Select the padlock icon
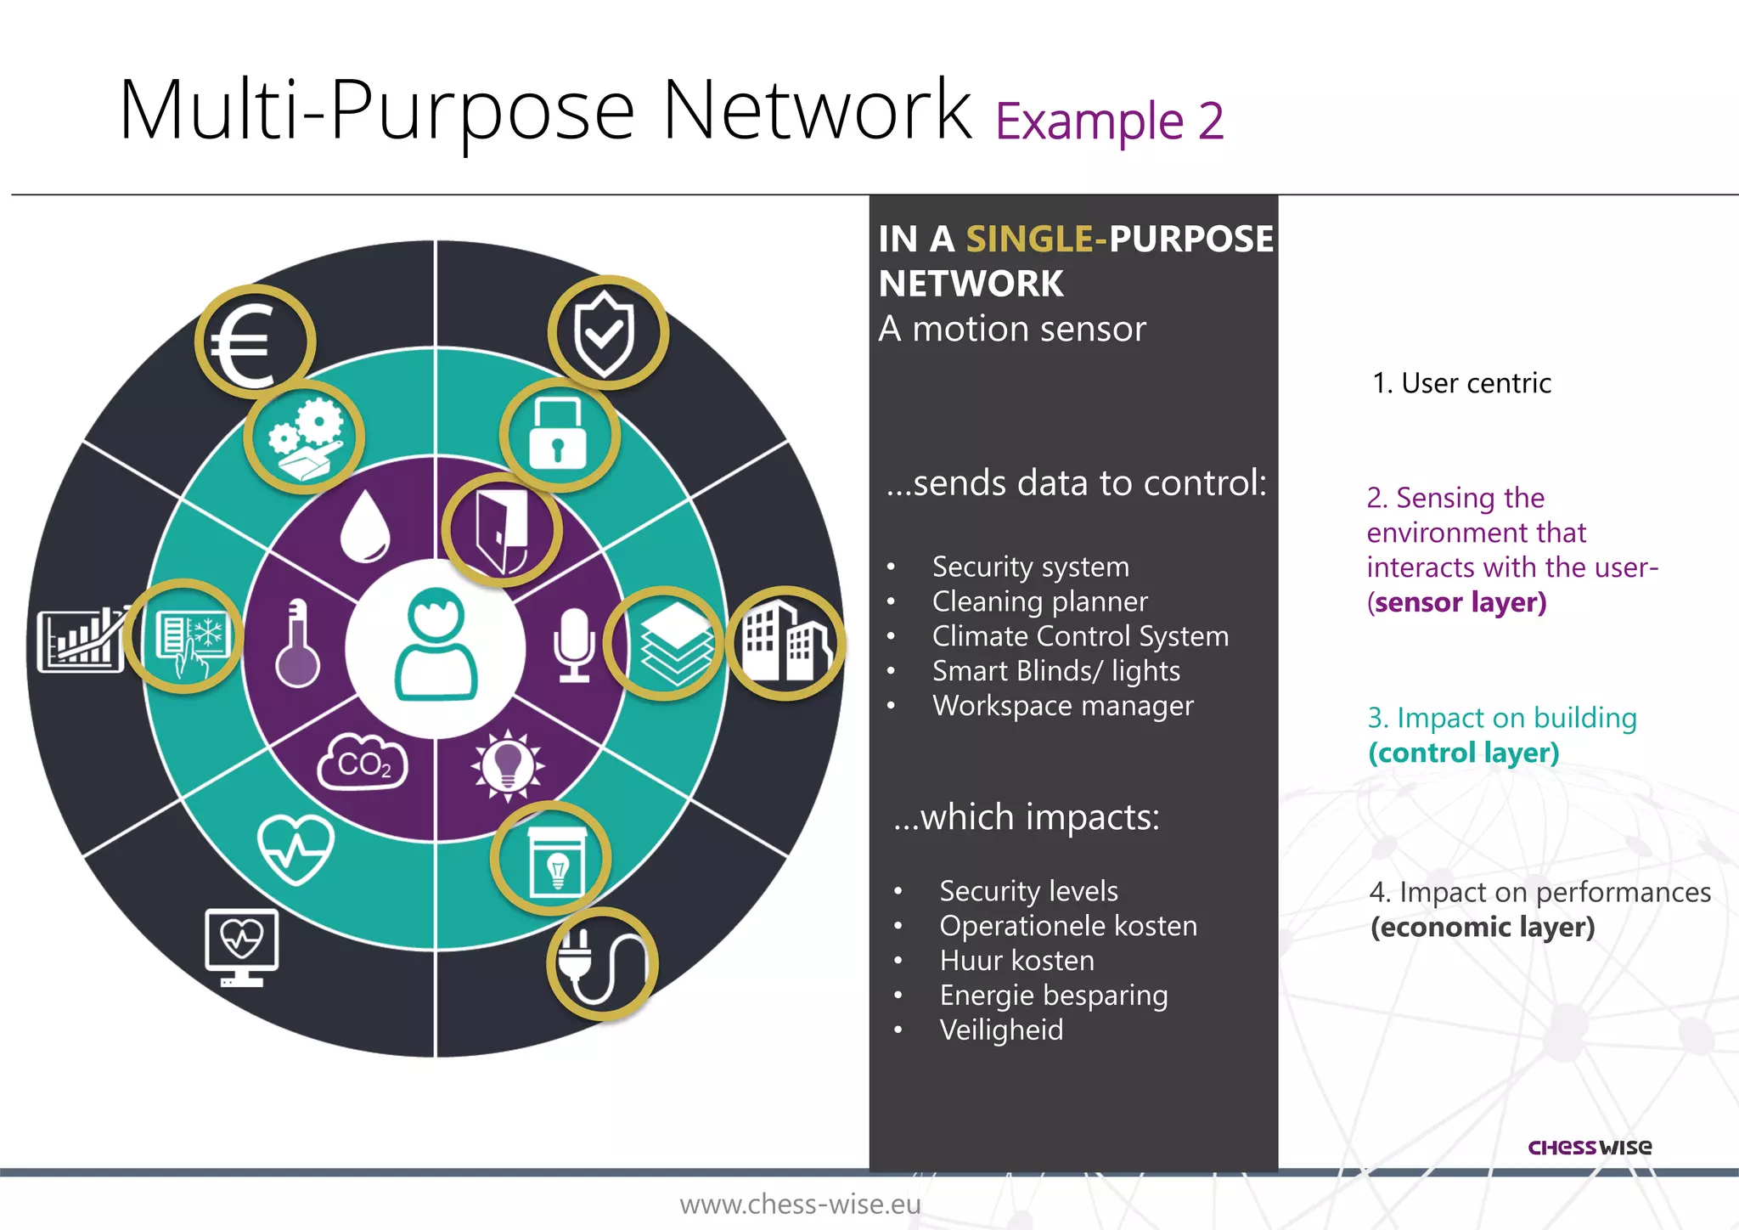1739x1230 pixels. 558,435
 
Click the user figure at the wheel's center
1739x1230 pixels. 436,645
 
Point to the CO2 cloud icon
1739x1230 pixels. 363,762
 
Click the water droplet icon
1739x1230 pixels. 365,527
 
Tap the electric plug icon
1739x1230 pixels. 601,964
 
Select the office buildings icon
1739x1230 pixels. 785,642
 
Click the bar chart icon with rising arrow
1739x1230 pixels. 82,640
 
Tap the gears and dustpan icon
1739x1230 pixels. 304,437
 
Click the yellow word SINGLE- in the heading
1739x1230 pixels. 1036,239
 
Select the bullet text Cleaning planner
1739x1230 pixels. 1039,601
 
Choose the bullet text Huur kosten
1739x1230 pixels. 1016,961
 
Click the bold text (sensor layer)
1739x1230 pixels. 1457,602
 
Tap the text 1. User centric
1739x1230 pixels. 1461,383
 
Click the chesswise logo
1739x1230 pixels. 1590,1148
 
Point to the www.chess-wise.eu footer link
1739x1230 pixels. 800,1204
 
